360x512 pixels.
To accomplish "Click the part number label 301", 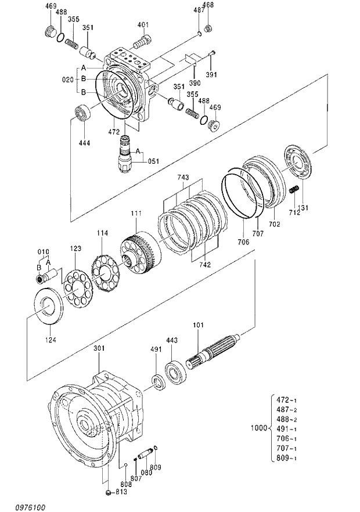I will point(100,349).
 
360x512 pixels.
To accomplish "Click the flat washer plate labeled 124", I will point(50,306).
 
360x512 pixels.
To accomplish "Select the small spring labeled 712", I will point(294,189).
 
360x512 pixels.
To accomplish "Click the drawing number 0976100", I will point(19,507).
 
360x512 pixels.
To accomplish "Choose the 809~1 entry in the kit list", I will point(286,458).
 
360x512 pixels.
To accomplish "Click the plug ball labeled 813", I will point(108,493).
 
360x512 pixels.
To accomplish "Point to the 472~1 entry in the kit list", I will point(286,400).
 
